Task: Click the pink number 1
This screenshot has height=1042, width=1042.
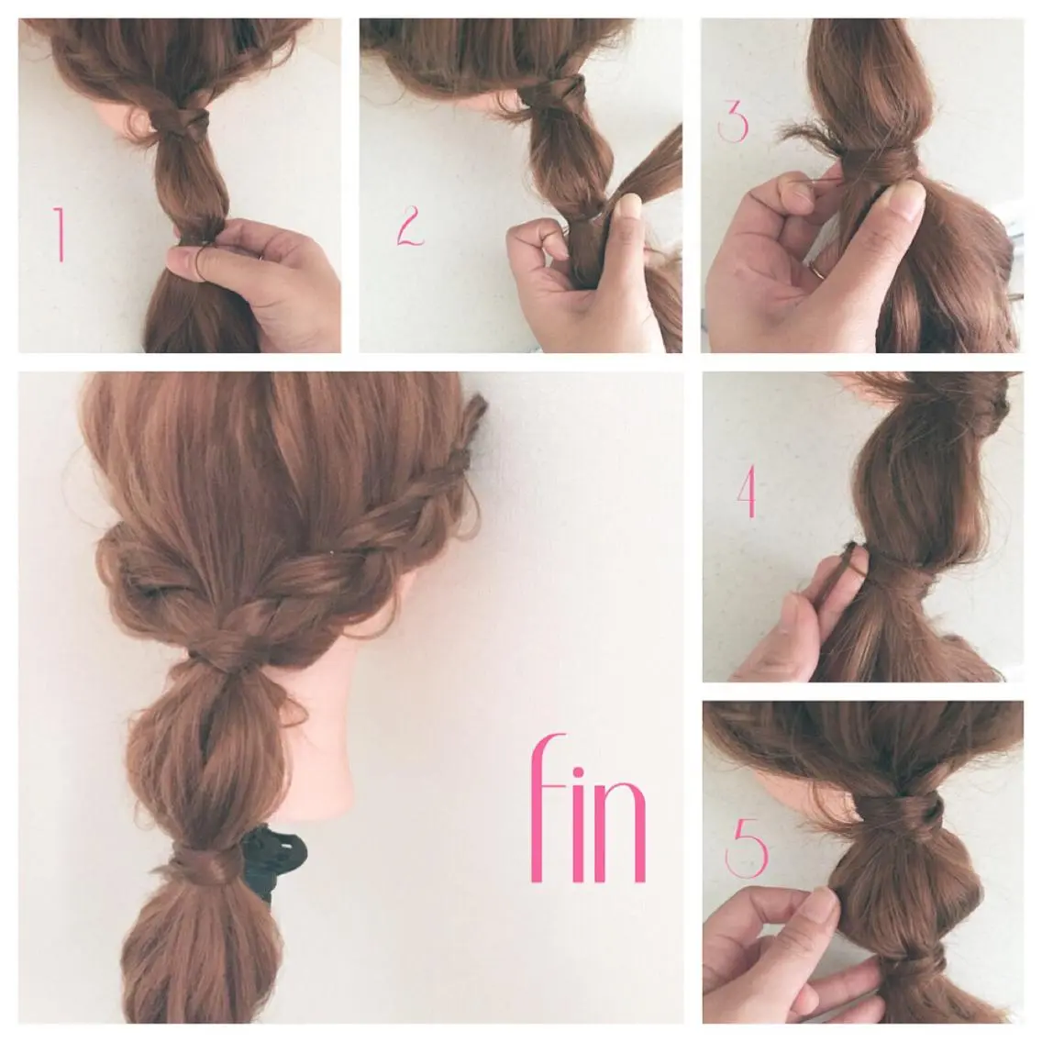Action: (59, 234)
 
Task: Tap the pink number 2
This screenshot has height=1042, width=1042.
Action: (410, 226)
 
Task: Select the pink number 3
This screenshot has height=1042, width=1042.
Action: (734, 120)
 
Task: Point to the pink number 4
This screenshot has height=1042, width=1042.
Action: (748, 491)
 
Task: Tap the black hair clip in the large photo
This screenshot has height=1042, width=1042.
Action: (272, 858)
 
